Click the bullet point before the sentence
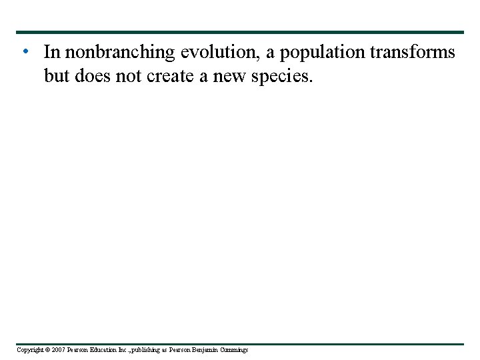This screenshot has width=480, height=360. [24, 51]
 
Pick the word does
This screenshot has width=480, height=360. [93, 76]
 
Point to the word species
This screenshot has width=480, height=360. [280, 77]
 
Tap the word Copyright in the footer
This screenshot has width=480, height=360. [29, 350]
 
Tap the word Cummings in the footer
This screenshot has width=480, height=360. [235, 350]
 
